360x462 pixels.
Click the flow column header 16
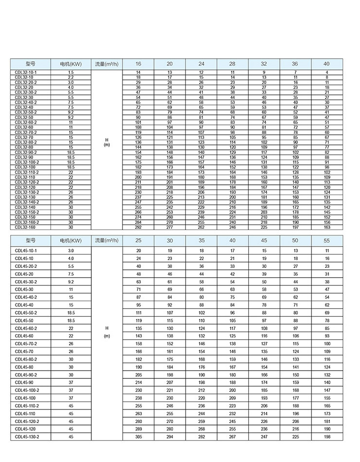pos(138,64)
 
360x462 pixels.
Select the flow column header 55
pos(327,240)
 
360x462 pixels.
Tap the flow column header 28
pos(232,64)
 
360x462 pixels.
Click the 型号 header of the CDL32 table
pos(31,64)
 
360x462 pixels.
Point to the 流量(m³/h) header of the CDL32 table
pos(107,64)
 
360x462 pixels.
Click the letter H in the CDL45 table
pos(107,328)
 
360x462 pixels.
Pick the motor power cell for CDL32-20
pos(70,88)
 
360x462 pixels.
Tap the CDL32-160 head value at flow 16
pos(138,227)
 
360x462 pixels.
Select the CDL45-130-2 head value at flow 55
pos(327,437)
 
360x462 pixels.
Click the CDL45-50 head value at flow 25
pos(138,320)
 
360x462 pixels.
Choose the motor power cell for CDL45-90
pos(70,382)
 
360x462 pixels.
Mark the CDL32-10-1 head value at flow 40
pos(327,72)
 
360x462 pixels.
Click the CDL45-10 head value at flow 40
pos(232,258)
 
